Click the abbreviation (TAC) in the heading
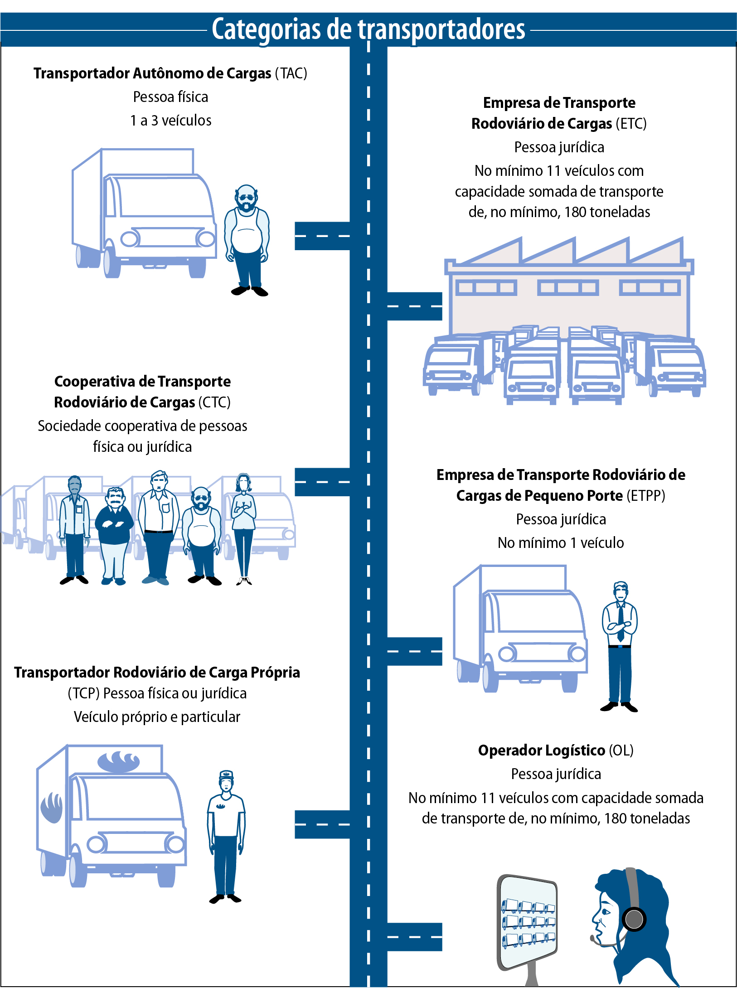pos(291,73)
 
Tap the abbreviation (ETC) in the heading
pos(630,124)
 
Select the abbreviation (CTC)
pos(214,402)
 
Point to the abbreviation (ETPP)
pos(646,496)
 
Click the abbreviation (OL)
pos(621,751)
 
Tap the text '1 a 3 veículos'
pos(171,121)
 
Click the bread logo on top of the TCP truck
pos(119,761)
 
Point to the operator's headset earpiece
pos(634,919)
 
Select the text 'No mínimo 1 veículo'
pos(561,543)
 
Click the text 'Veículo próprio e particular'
pos(157,717)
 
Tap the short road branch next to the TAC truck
pos(322,236)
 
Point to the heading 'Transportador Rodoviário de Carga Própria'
pos(157,673)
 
